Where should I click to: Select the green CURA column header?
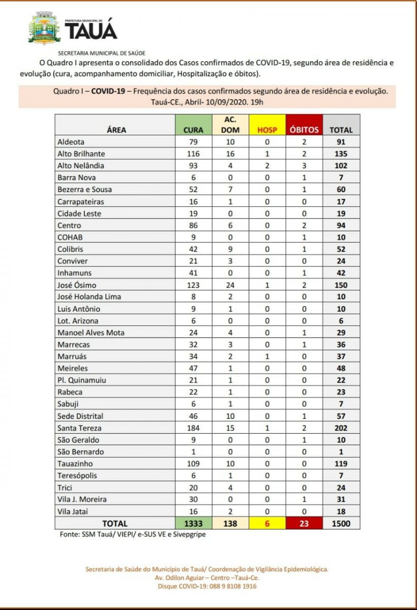[193, 130]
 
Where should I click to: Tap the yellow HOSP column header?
[267, 130]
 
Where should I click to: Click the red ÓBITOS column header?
[304, 130]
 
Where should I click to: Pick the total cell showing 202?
[341, 428]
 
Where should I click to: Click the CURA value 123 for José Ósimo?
[193, 285]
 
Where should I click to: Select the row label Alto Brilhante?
[81, 154]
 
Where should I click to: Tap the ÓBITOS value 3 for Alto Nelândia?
[304, 165]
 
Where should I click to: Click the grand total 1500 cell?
[341, 523]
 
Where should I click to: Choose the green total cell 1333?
[193, 523]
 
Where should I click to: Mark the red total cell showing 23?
[304, 523]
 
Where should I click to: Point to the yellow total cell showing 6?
[267, 523]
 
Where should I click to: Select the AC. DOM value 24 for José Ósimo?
[230, 285]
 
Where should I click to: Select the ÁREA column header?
[116, 130]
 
